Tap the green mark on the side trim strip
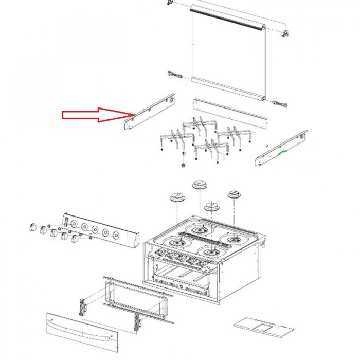[x=280, y=153]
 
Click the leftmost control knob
[x=34, y=226]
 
